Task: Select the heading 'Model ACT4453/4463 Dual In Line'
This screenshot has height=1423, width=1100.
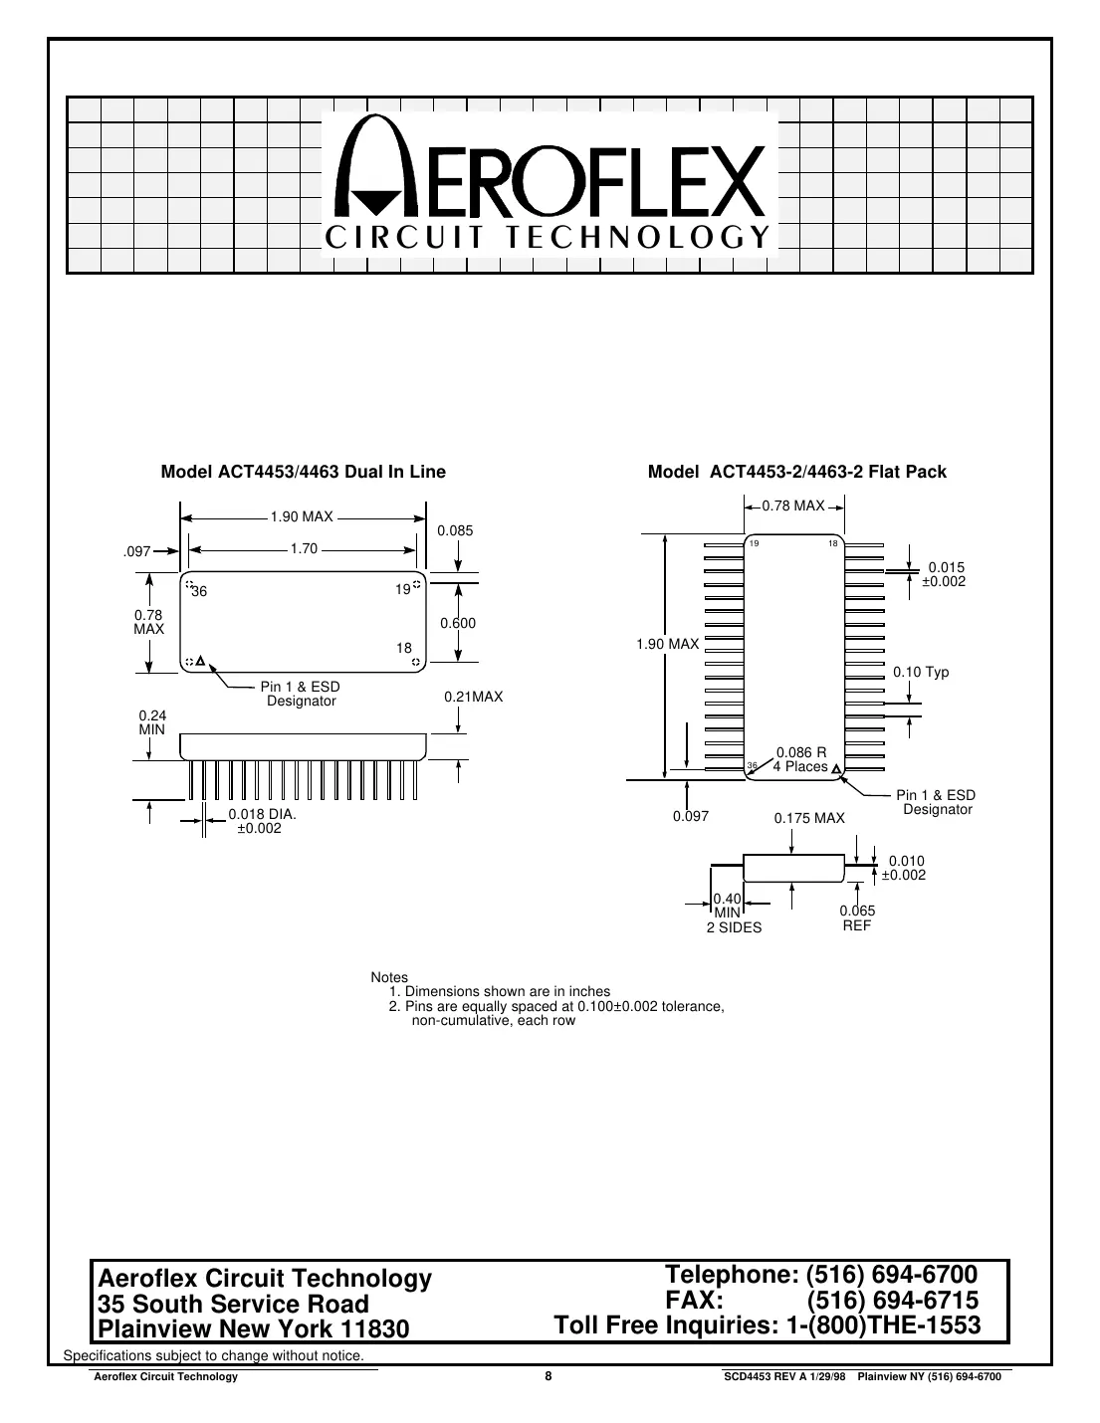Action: click(x=303, y=472)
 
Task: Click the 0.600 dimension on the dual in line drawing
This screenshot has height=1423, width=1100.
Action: click(x=458, y=623)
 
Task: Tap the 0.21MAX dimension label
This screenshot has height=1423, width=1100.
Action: click(x=474, y=698)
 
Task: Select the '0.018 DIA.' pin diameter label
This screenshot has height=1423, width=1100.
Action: click(x=263, y=814)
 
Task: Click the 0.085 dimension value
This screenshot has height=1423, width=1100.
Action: click(x=455, y=530)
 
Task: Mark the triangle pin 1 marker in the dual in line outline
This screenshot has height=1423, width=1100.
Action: click(x=200, y=661)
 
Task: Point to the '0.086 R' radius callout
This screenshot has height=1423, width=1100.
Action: click(x=801, y=752)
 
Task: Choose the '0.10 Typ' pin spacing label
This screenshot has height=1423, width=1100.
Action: click(x=921, y=673)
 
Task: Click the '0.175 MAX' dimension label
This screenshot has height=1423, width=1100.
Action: click(x=809, y=818)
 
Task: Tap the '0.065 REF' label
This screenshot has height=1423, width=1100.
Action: click(x=857, y=916)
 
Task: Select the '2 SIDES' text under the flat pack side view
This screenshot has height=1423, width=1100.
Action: click(x=734, y=927)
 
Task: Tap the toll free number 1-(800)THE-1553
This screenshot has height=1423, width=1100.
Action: click(x=877, y=1325)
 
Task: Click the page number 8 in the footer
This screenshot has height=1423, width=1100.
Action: click(x=548, y=1376)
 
